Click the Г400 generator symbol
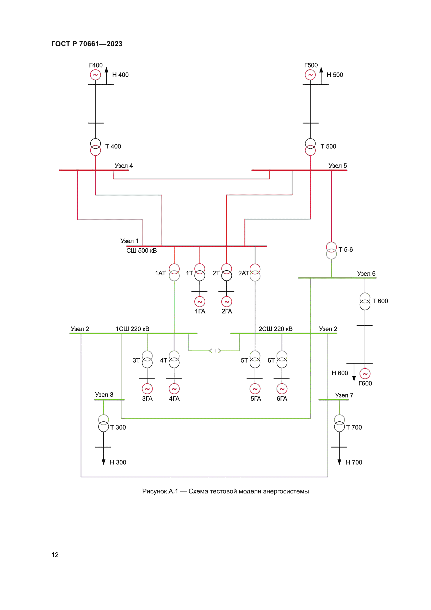pyautogui.click(x=96, y=75)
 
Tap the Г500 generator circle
pyautogui.click(x=310, y=75)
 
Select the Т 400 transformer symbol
pyautogui.click(x=96, y=147)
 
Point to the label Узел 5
pyautogui.click(x=337, y=166)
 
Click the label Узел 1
pyautogui.click(x=130, y=241)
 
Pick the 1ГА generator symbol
pyautogui.click(x=200, y=302)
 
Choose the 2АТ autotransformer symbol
pyautogui.click(x=255, y=273)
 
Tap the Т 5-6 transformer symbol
pyautogui.click(x=331, y=251)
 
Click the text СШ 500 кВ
pyautogui.click(x=141, y=251)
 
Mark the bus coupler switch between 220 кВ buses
pyautogui.click(x=215, y=351)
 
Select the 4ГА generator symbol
pyautogui.click(x=174, y=389)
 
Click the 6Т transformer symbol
pyautogui.click(x=282, y=359)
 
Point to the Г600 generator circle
pyautogui.click(x=365, y=374)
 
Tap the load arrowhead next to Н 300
pyautogui.click(x=103, y=462)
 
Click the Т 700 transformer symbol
pyautogui.click(x=340, y=423)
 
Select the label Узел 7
pyautogui.click(x=344, y=395)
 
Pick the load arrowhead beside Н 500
pyautogui.click(x=321, y=70)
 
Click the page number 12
pyautogui.click(x=55, y=555)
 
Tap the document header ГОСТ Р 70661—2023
pyautogui.click(x=87, y=44)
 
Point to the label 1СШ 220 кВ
pyautogui.click(x=132, y=329)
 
